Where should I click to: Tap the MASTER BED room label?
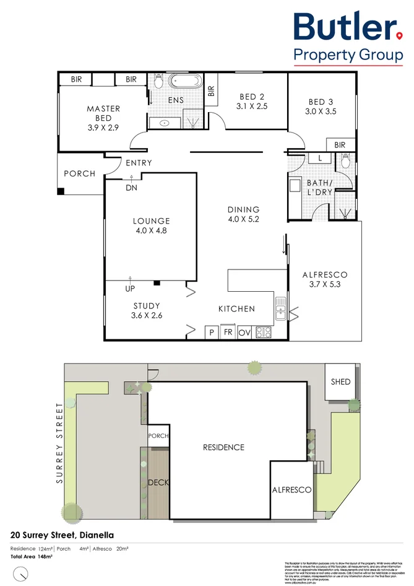tap(103, 113)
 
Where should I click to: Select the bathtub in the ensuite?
tap(183, 81)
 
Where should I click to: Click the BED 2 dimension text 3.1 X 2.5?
tap(252, 106)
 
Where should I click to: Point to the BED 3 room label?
tap(321, 102)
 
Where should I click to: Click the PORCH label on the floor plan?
tap(80, 173)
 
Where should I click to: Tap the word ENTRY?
tap(139, 163)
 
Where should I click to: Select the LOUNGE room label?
tap(151, 221)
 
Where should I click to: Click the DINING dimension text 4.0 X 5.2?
tap(243, 219)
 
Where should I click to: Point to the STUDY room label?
tap(147, 305)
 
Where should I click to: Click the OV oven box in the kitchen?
tap(245, 333)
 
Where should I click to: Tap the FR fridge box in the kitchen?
tap(228, 333)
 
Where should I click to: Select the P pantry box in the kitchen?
tap(211, 333)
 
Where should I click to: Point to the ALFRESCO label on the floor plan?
tap(324, 274)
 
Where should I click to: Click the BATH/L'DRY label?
tap(320, 188)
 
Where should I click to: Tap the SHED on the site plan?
tap(340, 382)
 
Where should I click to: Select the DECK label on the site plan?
tap(158, 483)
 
